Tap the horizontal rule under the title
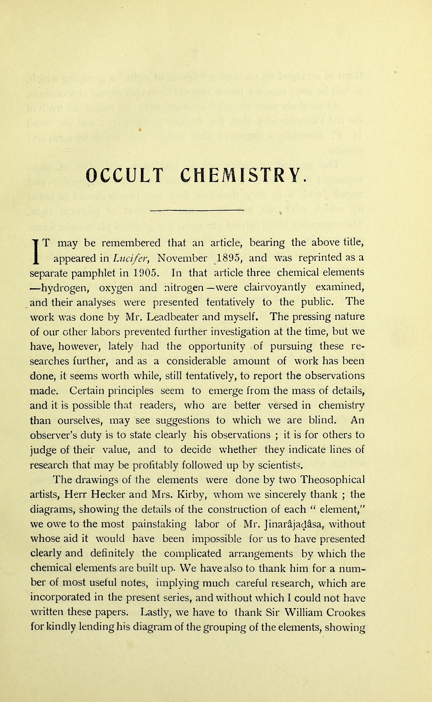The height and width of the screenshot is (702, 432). pos(196,211)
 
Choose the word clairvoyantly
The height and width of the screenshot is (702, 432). pos(275,287)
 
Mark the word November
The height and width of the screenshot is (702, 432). pos(182,258)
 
